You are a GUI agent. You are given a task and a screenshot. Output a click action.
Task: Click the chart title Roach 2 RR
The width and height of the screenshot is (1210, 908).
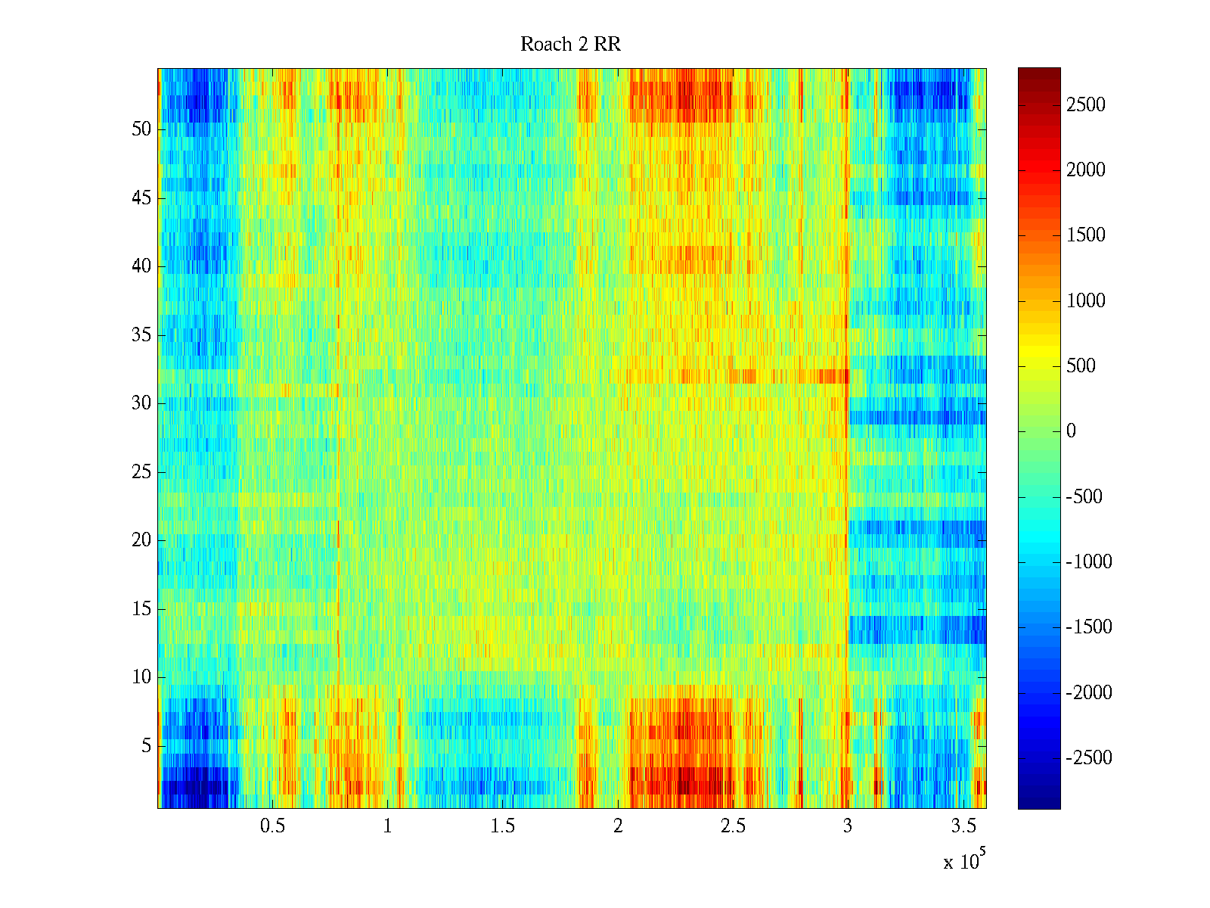[x=570, y=45]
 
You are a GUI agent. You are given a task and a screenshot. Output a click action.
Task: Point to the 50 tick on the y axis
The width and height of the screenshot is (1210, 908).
[x=141, y=129]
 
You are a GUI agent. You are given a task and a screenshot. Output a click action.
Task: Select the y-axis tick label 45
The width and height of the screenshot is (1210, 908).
[x=141, y=198]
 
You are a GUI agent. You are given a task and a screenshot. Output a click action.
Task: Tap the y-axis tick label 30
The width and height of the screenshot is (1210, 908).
[x=141, y=403]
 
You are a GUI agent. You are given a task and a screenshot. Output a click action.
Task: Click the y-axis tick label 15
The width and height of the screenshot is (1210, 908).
[x=141, y=609]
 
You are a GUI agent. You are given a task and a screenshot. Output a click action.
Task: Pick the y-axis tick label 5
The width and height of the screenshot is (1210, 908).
[x=146, y=746]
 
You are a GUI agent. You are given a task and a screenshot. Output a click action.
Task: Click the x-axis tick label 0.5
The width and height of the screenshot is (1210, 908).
[x=272, y=826]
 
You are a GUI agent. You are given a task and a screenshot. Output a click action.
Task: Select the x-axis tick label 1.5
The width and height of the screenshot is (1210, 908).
[x=502, y=826]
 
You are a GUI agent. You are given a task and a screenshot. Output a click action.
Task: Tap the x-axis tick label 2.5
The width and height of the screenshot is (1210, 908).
[x=733, y=826]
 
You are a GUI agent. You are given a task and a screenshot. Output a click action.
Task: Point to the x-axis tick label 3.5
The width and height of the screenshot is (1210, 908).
[x=963, y=826]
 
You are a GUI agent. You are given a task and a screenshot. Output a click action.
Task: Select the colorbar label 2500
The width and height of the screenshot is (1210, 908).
[x=1086, y=105]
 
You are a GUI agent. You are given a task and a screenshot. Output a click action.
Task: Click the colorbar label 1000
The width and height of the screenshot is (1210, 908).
[x=1086, y=301]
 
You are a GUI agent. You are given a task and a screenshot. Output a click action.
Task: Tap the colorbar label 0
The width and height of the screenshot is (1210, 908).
[x=1071, y=431]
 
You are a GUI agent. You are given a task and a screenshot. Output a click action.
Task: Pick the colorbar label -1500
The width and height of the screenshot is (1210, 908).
[x=1089, y=627]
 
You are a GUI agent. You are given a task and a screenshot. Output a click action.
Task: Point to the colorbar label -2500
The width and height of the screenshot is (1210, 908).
[x=1089, y=758]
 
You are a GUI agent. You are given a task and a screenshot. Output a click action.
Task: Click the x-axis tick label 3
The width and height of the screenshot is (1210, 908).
[x=847, y=826]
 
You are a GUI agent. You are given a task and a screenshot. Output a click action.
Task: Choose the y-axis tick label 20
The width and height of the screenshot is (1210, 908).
[x=141, y=540]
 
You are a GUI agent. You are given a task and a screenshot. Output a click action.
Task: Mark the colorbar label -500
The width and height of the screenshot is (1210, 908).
[x=1084, y=497]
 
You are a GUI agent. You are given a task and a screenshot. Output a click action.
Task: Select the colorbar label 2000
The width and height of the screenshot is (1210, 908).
[x=1086, y=170]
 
